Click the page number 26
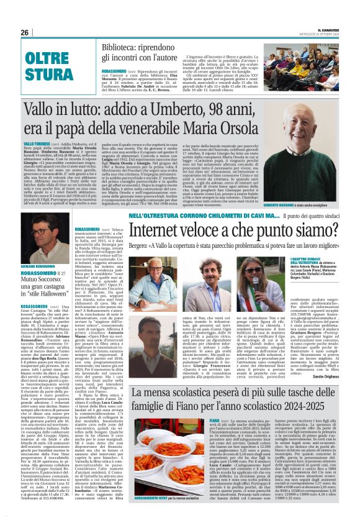point(25,32)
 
